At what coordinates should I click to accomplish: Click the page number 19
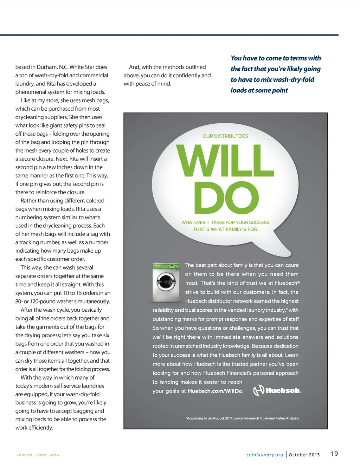tap(334, 454)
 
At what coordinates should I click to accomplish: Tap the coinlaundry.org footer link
tap(265, 455)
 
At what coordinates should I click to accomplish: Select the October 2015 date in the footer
tap(304, 455)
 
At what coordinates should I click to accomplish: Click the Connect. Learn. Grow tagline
tap(38, 455)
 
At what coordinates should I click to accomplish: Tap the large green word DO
tap(226, 199)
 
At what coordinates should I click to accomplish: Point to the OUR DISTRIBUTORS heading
tap(225, 136)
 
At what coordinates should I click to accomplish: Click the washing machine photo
tap(164, 282)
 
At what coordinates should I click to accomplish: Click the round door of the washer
tap(166, 282)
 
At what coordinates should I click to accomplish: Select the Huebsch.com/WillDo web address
tap(215, 391)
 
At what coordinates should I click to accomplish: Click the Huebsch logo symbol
tap(259, 390)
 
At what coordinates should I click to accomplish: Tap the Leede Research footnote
tap(243, 418)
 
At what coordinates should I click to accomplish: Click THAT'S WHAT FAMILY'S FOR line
tap(226, 229)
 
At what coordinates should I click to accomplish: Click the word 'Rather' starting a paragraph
tap(28, 201)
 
